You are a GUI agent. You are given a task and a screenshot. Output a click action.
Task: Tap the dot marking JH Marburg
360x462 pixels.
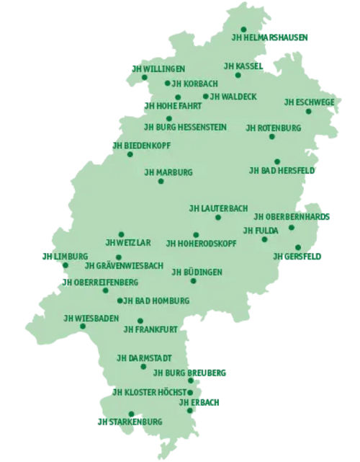point(161,181)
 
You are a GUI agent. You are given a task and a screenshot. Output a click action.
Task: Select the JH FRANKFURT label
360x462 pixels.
point(150,330)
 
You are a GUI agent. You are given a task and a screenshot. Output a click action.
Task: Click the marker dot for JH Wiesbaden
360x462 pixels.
point(83,326)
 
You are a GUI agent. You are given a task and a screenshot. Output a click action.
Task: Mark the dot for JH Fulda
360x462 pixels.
point(265,239)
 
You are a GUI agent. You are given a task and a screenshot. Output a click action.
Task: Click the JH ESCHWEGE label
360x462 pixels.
point(309,102)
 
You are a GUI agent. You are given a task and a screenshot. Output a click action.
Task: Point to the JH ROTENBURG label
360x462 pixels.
point(273,128)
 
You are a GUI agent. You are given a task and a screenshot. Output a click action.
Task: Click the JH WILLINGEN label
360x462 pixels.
point(158,68)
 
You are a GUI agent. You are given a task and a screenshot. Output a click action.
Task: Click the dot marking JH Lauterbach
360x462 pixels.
point(218,217)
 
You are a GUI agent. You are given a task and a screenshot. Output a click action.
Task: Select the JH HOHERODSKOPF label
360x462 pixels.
point(201,244)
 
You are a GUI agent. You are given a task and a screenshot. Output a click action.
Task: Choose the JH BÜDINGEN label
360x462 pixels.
point(197,272)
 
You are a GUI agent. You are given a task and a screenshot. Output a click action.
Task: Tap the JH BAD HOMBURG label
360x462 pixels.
point(152,300)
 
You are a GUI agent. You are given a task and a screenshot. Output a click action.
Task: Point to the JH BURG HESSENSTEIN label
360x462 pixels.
point(186,127)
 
